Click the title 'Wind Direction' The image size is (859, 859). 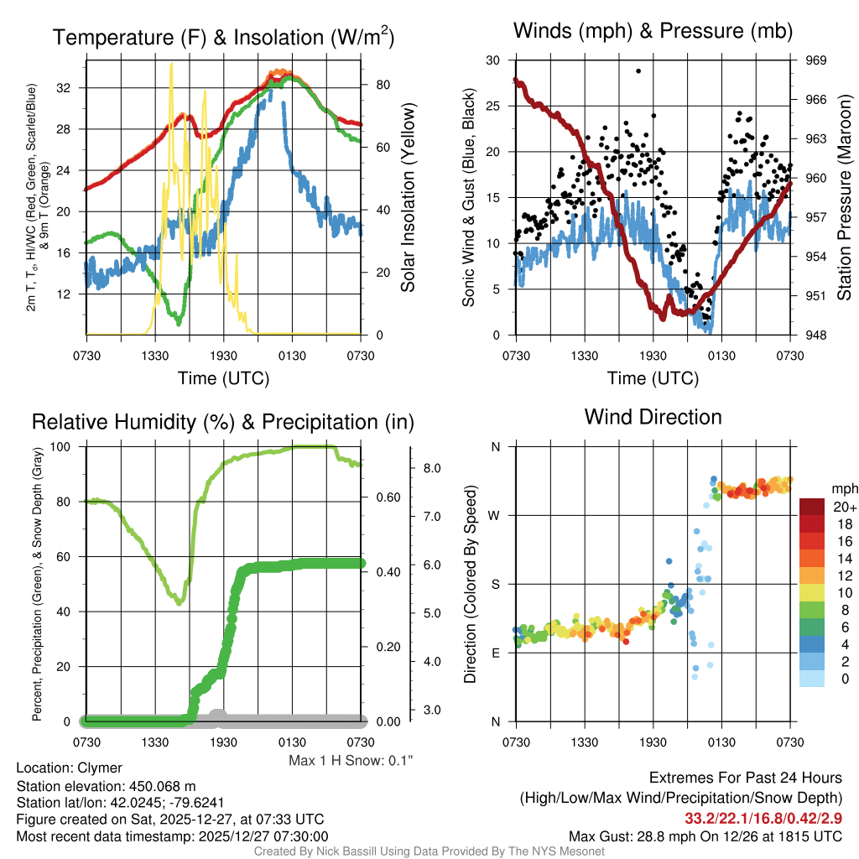pyautogui.click(x=653, y=417)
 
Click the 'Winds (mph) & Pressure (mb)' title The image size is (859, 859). pyautogui.click(x=653, y=32)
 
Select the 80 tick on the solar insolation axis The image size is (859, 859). pyautogui.click(x=382, y=85)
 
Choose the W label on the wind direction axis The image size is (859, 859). pyautogui.click(x=495, y=515)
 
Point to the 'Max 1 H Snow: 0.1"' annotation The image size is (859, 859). pyautogui.click(x=351, y=761)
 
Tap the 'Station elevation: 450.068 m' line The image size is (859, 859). pyautogui.click(x=106, y=786)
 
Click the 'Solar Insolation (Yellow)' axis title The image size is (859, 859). pyautogui.click(x=409, y=198)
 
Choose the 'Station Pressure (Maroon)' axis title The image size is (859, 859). pyautogui.click(x=845, y=198)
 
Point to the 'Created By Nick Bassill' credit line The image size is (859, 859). pyautogui.click(x=429, y=851)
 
